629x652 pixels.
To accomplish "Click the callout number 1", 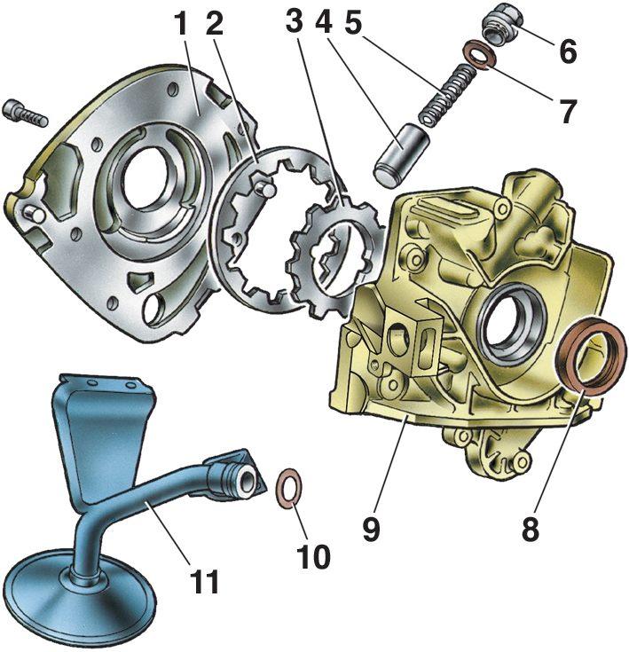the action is pyautogui.click(x=182, y=26).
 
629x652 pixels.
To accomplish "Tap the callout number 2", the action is pyautogui.click(x=214, y=26).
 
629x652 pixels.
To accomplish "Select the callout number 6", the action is pyautogui.click(x=568, y=51).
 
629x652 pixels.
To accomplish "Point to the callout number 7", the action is pyautogui.click(x=567, y=111).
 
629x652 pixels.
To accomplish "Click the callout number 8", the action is pyautogui.click(x=531, y=529).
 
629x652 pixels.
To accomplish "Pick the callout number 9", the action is pyautogui.click(x=371, y=529).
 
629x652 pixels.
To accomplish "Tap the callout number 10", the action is pyautogui.click(x=313, y=556).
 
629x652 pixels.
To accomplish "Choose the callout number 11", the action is pyautogui.click(x=204, y=581).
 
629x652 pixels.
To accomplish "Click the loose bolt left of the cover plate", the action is pyautogui.click(x=26, y=114).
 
